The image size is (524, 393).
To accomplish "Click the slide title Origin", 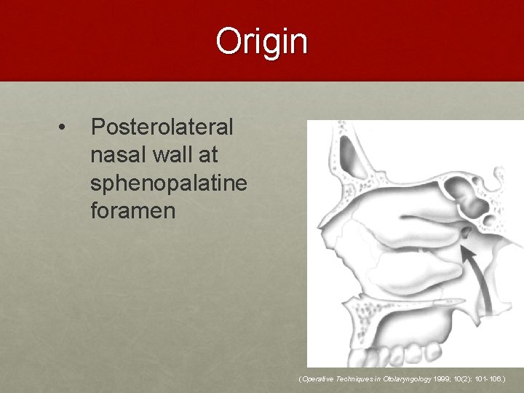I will click(262, 41).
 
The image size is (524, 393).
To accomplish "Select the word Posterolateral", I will click(162, 127).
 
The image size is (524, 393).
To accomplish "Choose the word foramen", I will click(132, 212).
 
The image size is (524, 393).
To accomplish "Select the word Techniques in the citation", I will click(357, 380).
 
